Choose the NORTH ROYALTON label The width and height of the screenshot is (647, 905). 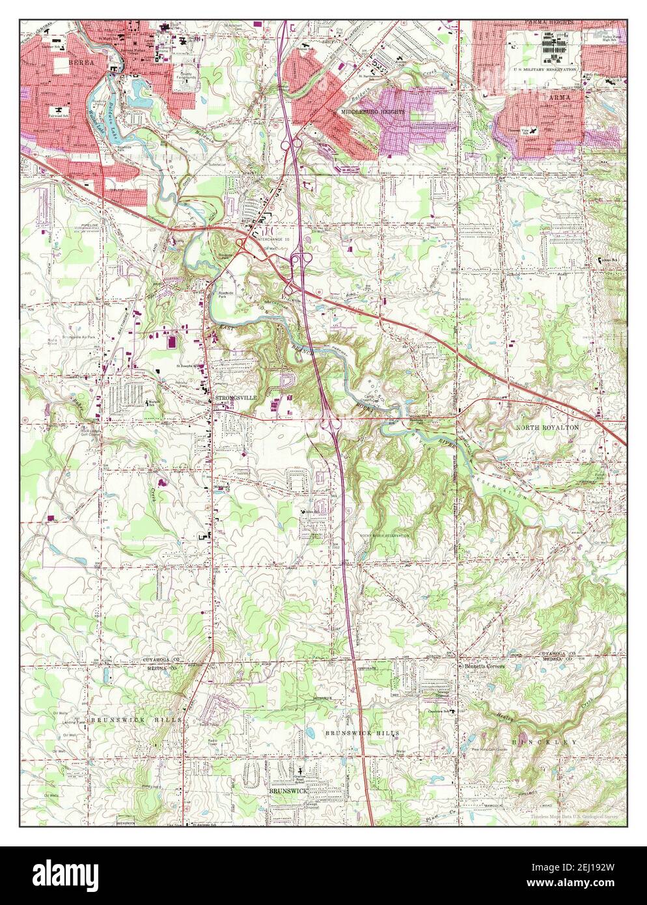[547, 427]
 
